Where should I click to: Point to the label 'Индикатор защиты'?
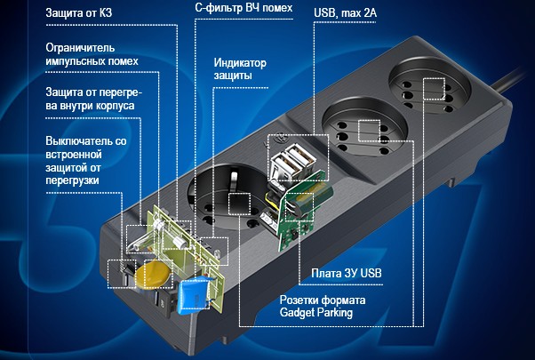[241, 69]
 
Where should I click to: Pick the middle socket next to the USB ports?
[359, 130]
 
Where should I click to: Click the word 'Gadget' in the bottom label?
[299, 314]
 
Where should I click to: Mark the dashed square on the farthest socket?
[434, 90]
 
